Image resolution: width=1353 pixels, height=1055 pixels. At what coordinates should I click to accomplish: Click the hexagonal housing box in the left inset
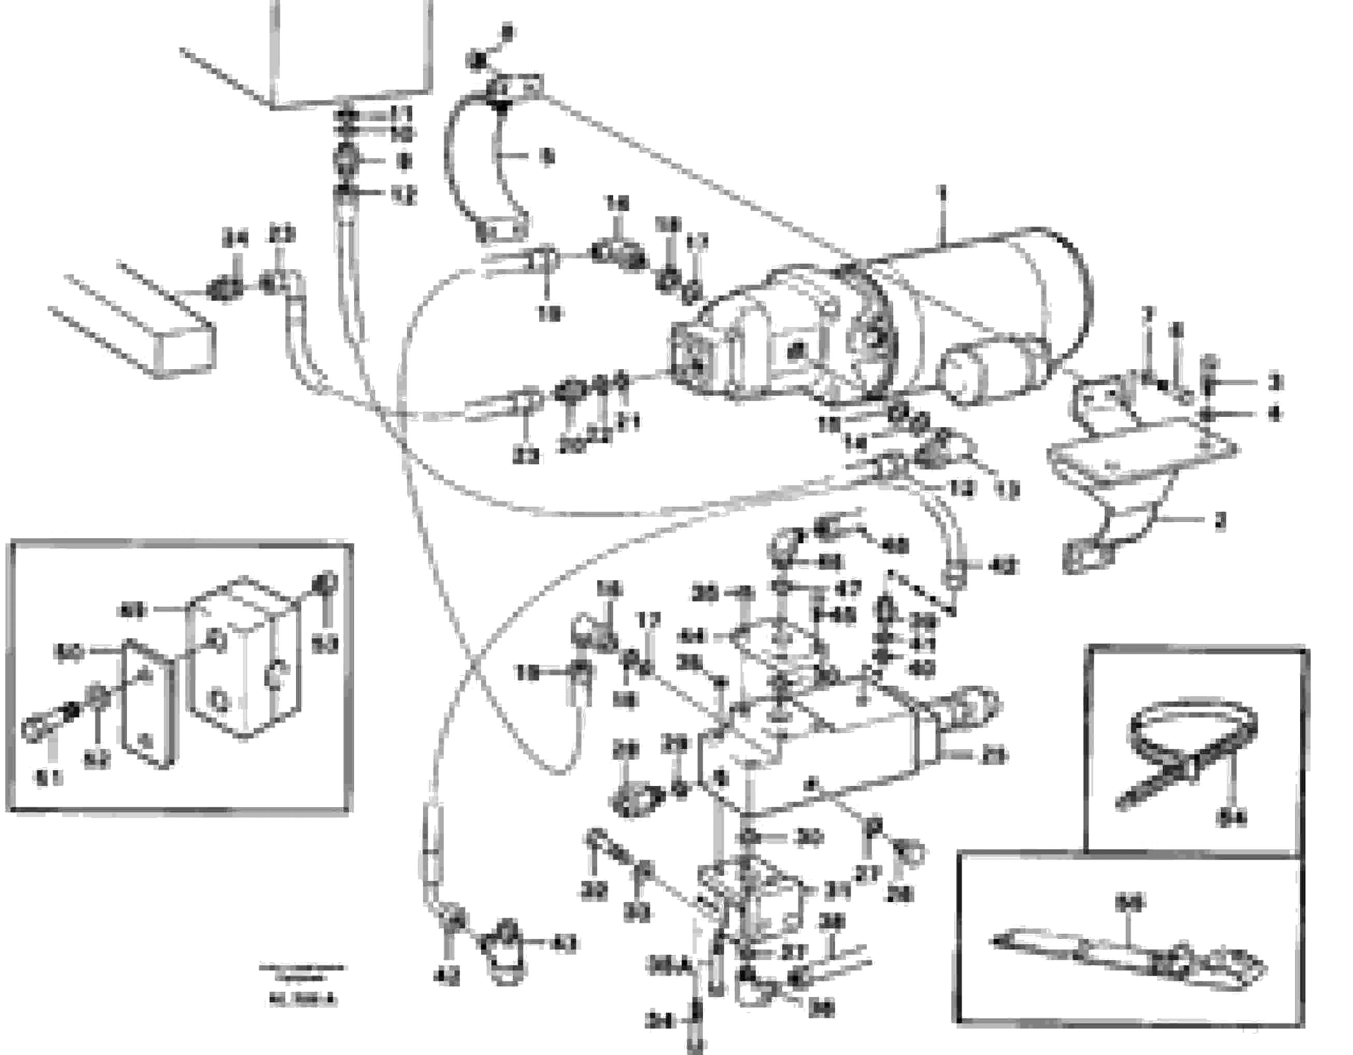click(x=245, y=660)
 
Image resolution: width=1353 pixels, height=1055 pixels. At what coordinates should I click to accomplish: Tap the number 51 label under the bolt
click(x=48, y=779)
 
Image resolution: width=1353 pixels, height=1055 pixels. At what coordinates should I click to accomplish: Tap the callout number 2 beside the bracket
click(x=1219, y=522)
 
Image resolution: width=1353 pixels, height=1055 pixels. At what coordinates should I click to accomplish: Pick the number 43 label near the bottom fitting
click(x=564, y=945)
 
